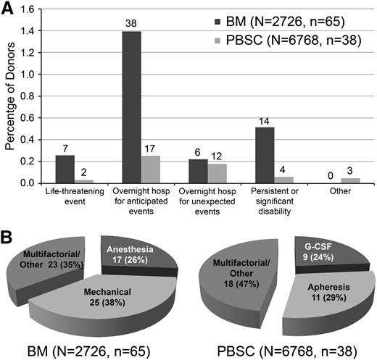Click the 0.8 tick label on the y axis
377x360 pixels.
pyautogui.click(x=29, y=97)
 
